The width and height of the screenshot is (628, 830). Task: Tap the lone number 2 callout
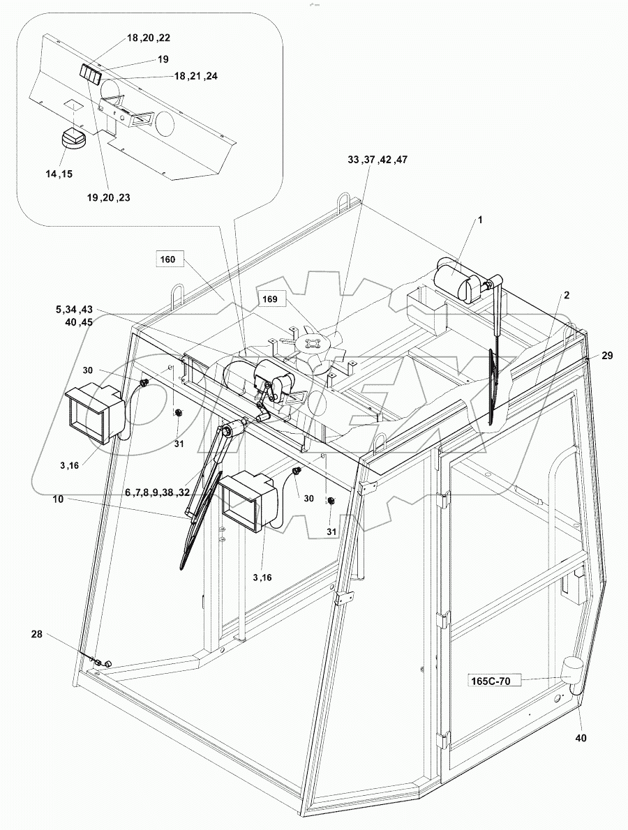(567, 295)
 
